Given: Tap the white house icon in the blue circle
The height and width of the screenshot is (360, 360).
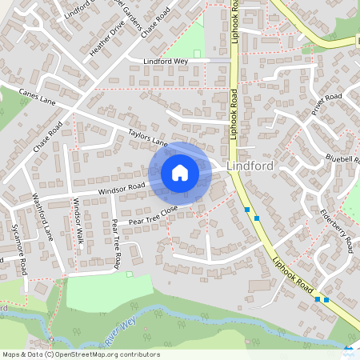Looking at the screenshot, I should (x=180, y=172).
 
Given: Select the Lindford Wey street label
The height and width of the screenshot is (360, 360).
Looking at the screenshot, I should (x=164, y=60).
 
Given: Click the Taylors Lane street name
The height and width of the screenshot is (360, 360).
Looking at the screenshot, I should (x=147, y=138).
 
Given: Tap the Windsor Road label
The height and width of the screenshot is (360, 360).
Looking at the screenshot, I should (x=122, y=190).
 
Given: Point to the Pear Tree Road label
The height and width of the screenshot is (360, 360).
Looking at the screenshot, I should (x=116, y=243).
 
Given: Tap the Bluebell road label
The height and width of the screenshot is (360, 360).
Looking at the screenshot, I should (x=343, y=158).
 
